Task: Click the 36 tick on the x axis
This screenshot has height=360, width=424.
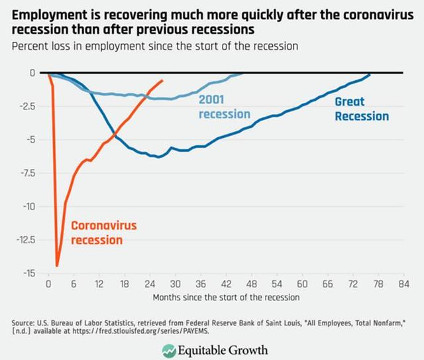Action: coord(201,284)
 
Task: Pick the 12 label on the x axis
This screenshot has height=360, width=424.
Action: coord(99,284)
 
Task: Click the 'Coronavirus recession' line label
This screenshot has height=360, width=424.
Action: coord(104,232)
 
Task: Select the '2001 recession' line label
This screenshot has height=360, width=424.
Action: coord(225,107)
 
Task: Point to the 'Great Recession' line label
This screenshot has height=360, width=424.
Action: coord(361,109)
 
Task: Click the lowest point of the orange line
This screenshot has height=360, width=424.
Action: coord(57,266)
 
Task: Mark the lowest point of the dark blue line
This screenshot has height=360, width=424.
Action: coord(159,157)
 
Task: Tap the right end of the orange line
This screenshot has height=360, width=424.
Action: coord(163,80)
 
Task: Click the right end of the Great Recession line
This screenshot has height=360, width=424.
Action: coord(370,75)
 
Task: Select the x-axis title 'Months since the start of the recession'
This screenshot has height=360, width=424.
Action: coord(226,297)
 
